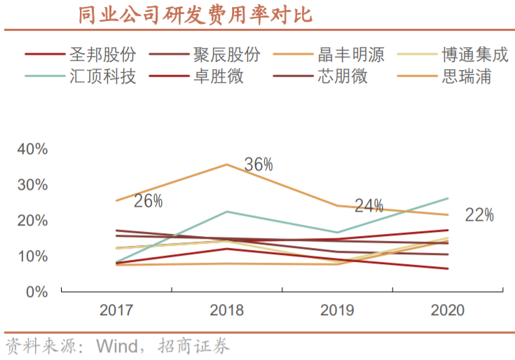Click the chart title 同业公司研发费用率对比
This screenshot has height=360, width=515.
pyautogui.click(x=194, y=15)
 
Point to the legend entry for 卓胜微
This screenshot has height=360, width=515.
pyautogui.click(x=218, y=76)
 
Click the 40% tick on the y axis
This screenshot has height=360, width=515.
pyautogui.click(x=32, y=149)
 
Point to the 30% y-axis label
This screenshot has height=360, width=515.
pyautogui.click(x=32, y=185)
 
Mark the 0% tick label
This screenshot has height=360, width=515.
pyautogui.click(x=36, y=292)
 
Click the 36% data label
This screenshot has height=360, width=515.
pyautogui.click(x=259, y=165)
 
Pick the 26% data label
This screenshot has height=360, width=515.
pyautogui.click(x=148, y=202)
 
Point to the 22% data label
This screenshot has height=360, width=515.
pyautogui.click(x=479, y=215)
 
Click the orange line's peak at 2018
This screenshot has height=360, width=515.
pyautogui.click(x=226, y=165)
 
